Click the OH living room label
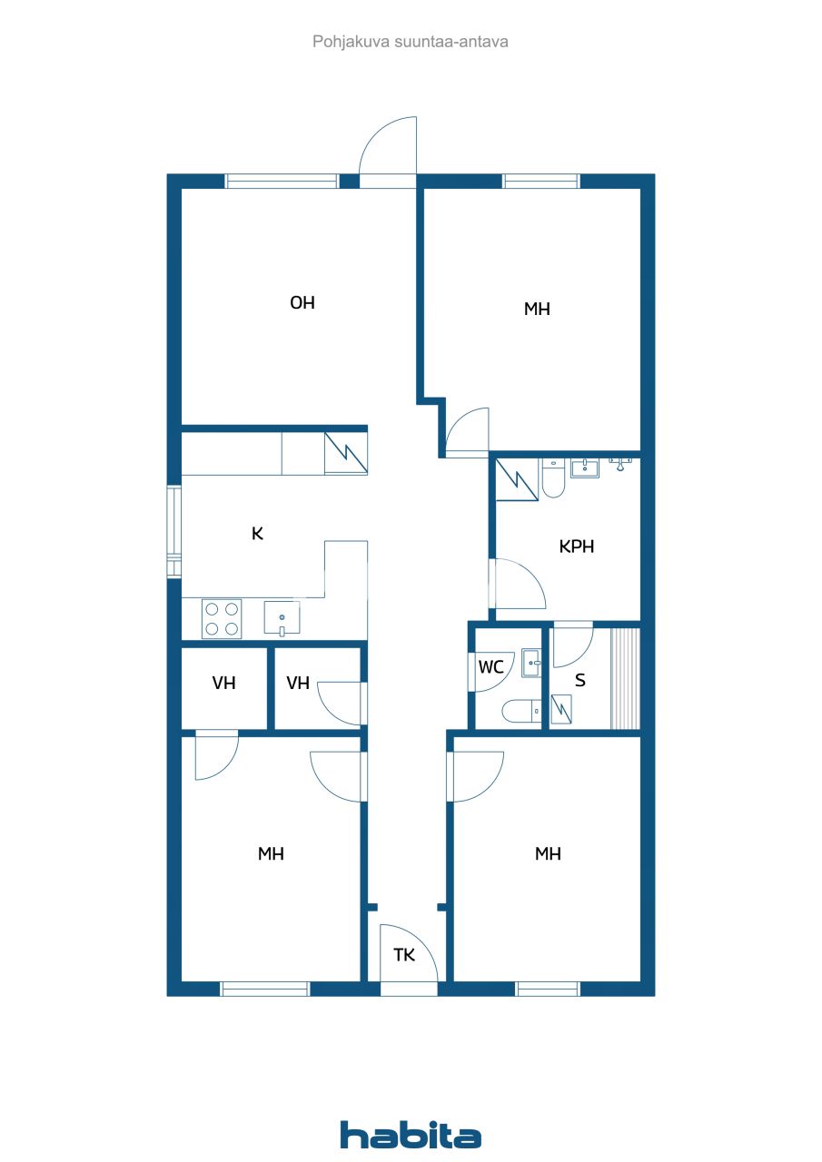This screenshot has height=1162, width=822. (x=302, y=303)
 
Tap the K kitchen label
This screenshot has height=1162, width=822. (x=257, y=534)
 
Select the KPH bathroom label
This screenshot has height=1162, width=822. (x=577, y=547)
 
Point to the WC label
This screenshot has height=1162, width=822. (x=490, y=667)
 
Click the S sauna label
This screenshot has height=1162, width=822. (x=579, y=680)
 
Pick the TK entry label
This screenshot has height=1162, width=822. (x=404, y=954)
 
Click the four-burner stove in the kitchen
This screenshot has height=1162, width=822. (x=222, y=618)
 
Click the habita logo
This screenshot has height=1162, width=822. (x=411, y=1135)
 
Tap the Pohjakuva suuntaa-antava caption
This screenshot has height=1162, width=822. (x=411, y=41)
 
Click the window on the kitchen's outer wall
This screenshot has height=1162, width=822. (x=173, y=532)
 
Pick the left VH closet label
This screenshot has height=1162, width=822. (x=224, y=684)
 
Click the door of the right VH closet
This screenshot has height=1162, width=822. (x=342, y=703)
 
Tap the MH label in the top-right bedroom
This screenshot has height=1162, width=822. (x=537, y=310)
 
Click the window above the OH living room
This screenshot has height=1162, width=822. (x=282, y=181)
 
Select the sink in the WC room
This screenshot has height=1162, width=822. (x=531, y=659)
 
